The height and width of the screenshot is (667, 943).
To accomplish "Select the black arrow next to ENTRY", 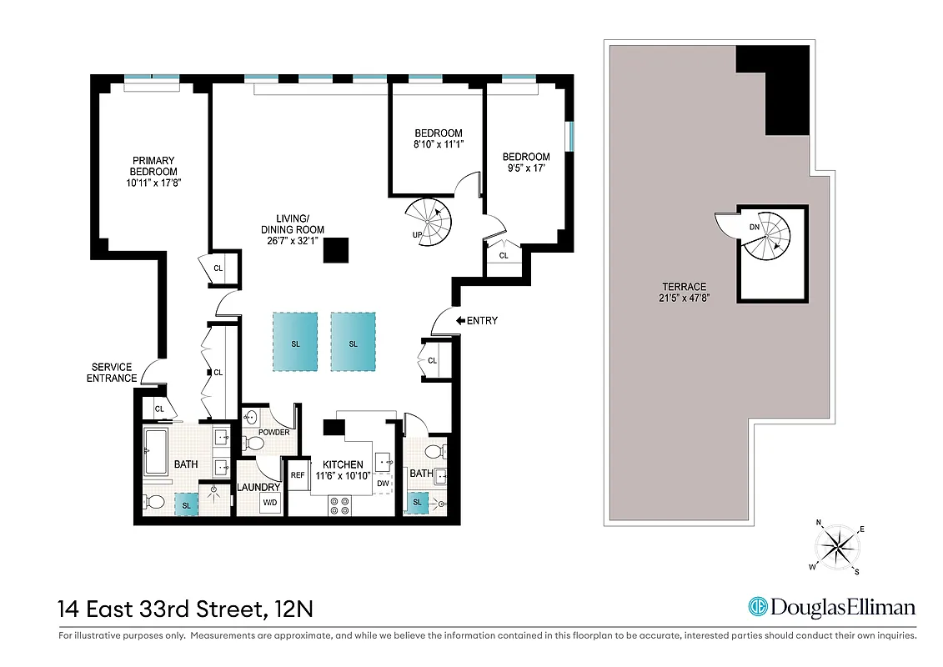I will tap(459, 320).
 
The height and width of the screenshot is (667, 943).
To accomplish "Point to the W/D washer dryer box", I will tap(270, 503).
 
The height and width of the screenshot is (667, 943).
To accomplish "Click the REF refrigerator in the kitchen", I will tap(298, 474).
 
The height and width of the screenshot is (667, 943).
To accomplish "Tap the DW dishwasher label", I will tap(383, 484).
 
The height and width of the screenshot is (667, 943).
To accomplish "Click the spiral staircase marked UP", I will tap(433, 223).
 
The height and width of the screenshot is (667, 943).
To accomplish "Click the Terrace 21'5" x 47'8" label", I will tap(689, 293).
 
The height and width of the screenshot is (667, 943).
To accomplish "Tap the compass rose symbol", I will tap(838, 547).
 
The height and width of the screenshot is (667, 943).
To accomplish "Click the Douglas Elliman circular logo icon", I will tap(758, 608).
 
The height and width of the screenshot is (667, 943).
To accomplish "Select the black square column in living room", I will tap(337, 251).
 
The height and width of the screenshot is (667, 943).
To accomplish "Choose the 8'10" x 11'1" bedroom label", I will tap(439, 138).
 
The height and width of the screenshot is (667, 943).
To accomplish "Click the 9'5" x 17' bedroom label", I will tap(526, 163).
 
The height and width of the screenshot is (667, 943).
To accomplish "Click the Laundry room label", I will tap(258, 487).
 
